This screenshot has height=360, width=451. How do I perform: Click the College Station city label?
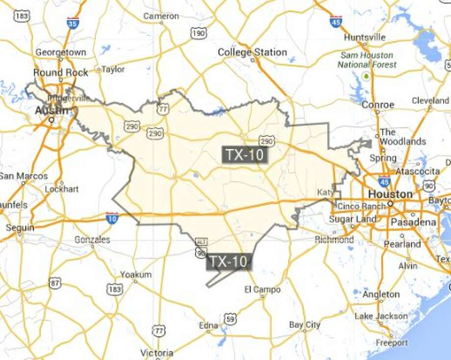pos(252,52)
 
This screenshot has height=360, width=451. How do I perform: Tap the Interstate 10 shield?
pos(112,218)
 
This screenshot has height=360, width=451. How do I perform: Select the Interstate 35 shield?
pos(73,23)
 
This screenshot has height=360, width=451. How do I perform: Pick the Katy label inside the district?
pos(326,192)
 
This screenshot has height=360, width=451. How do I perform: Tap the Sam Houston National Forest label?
pos(368,60)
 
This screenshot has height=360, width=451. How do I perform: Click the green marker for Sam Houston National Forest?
pos(365,76)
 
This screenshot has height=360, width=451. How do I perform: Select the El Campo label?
pos(262,290)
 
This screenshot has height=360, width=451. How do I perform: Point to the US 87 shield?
pos(55,283)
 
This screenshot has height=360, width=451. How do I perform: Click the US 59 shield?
pos(229,319)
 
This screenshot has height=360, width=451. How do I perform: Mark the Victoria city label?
pos(156,353)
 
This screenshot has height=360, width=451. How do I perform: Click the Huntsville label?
pos(365,37)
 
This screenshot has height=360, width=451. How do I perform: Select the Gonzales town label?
pos(92,240)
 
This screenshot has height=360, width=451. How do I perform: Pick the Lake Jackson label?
pos(381,316)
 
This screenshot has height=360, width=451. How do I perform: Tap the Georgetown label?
pos(61,52)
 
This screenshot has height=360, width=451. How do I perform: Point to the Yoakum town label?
pos(136,275)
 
